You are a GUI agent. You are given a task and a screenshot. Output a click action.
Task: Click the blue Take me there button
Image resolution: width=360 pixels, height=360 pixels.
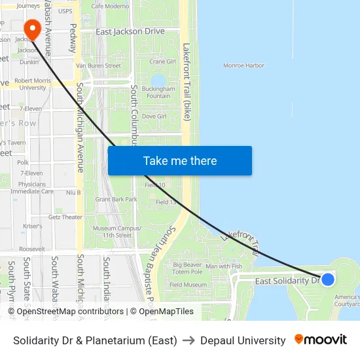point(179,160)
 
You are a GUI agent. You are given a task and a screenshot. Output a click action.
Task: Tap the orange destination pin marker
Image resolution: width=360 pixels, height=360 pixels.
point(31,28)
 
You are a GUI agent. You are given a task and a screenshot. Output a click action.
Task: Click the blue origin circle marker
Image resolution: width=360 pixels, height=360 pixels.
point(328,279)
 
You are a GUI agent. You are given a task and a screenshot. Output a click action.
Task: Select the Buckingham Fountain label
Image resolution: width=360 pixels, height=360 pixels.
point(158,92)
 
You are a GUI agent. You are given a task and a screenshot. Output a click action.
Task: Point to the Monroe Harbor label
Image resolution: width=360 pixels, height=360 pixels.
point(243,65)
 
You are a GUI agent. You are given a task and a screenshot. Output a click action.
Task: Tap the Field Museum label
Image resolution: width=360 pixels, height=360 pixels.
point(188,285)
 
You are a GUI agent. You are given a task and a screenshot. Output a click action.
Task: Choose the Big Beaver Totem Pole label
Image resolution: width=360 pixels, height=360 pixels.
point(188,268)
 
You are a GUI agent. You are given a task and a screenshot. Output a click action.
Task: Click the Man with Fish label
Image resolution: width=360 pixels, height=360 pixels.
point(224,266)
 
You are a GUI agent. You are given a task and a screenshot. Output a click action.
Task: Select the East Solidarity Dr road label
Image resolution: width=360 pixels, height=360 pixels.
point(286,281)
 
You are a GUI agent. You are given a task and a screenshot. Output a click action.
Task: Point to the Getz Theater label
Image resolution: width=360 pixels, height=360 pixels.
point(65,217)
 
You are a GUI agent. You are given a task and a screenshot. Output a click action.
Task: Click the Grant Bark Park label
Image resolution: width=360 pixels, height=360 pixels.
point(116,199)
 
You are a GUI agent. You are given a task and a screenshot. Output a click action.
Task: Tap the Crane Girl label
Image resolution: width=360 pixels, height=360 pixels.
point(162,62)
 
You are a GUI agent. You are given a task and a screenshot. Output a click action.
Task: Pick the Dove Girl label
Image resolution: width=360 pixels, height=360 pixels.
point(154,116)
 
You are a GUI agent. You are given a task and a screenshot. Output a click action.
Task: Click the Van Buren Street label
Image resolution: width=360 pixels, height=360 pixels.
point(99,65)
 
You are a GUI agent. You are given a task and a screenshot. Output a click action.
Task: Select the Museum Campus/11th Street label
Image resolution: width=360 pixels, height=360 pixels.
point(112,232)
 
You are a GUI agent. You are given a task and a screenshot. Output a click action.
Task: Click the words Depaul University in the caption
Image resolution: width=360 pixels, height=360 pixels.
point(243,340)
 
